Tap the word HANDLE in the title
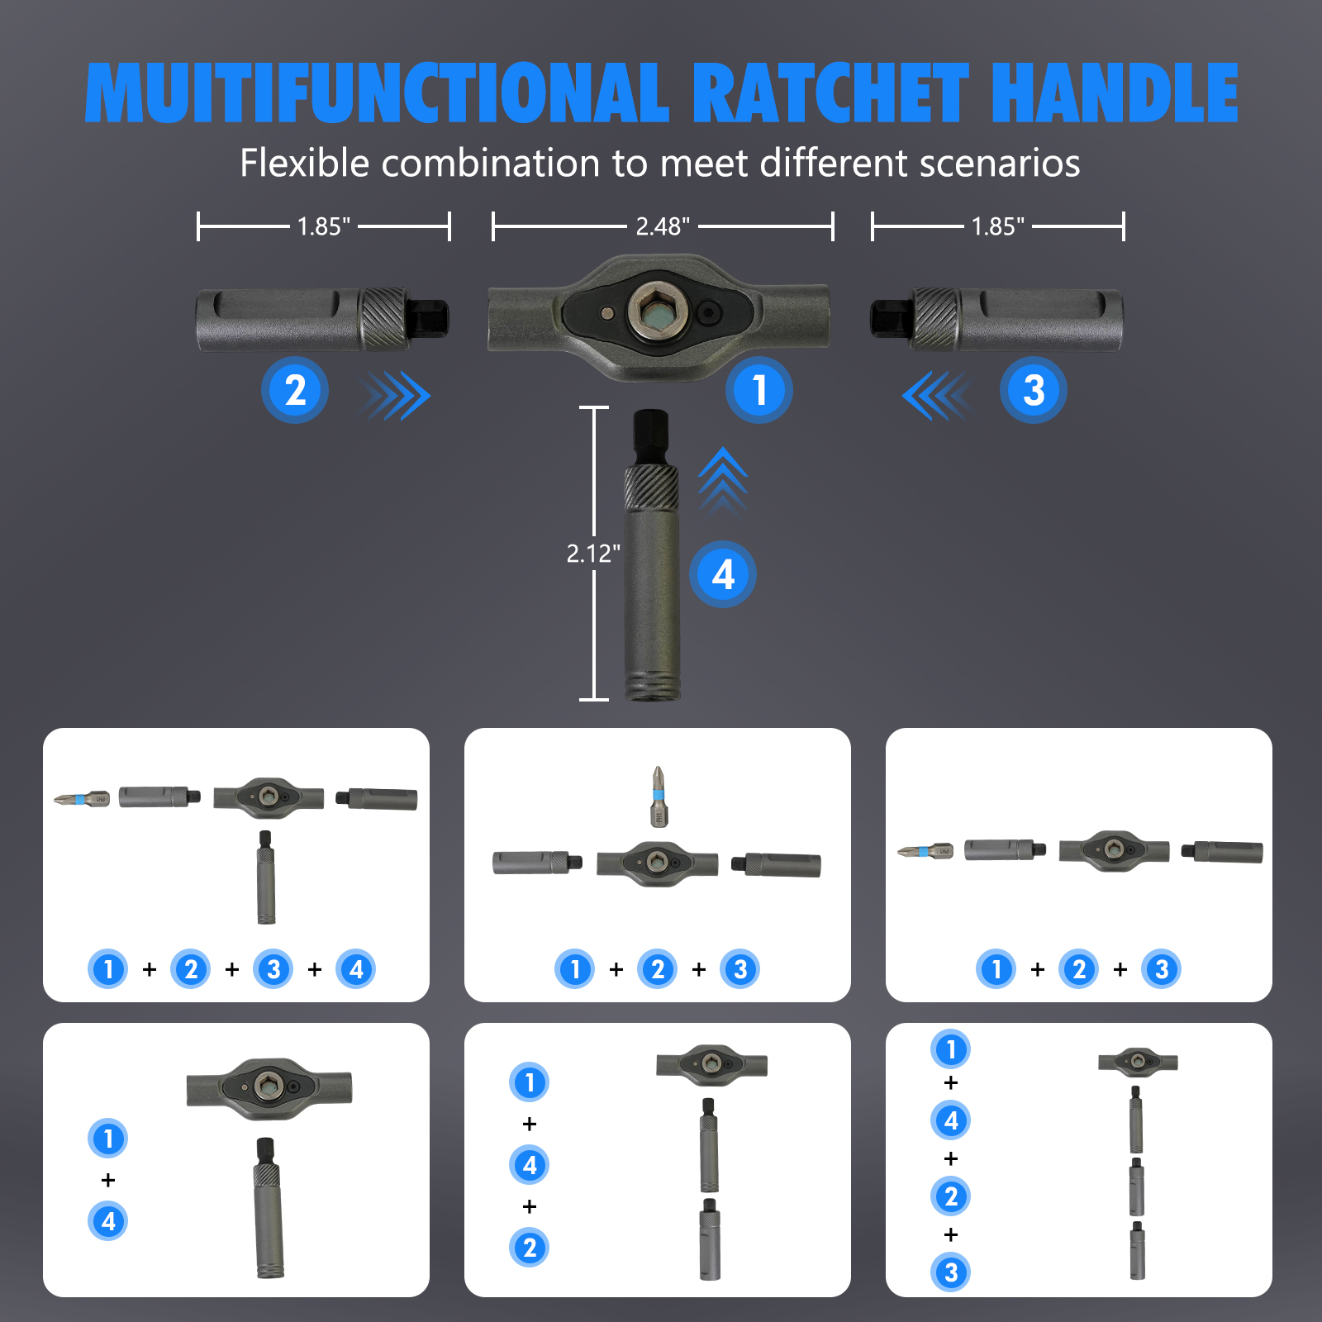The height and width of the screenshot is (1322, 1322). (1115, 93)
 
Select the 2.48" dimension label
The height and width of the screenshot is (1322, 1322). (663, 226)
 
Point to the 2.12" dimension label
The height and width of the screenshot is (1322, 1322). (593, 553)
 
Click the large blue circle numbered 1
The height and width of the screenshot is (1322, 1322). (759, 390)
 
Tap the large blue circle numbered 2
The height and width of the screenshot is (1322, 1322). (295, 390)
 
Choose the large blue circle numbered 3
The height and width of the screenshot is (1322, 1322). (1034, 390)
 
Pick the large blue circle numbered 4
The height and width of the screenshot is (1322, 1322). (723, 574)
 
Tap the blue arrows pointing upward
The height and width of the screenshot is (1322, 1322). (723, 479)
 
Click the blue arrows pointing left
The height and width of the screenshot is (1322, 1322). (936, 396)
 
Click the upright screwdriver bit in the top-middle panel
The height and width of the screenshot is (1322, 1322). (658, 797)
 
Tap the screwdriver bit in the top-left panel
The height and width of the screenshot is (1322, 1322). (82, 799)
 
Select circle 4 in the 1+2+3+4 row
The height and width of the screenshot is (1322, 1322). (356, 969)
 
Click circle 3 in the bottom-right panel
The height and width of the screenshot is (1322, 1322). (951, 1272)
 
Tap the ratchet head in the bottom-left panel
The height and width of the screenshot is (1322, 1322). (269, 1088)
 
